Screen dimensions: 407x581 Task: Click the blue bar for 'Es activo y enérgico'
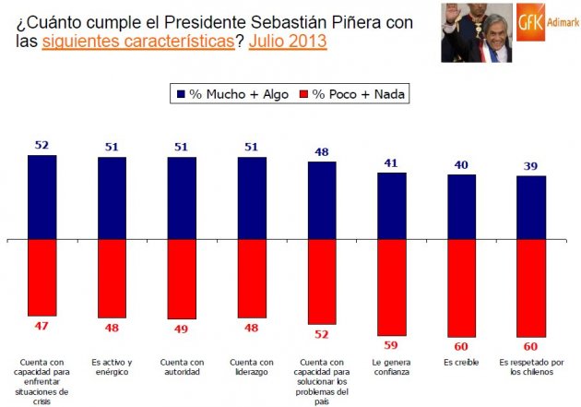[x=112, y=198]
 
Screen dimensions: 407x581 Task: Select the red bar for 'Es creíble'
[x=462, y=288]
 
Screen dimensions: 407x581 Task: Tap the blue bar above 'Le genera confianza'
[x=392, y=206]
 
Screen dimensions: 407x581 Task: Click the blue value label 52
[x=41, y=146]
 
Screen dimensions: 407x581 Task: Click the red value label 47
[x=41, y=326]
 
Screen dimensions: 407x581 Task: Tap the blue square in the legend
[x=179, y=94]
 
